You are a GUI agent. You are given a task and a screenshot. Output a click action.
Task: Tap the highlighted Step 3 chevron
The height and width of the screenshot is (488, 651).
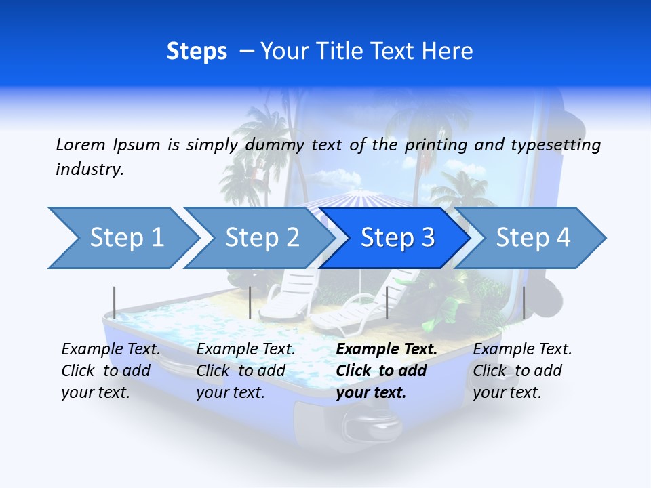click(x=397, y=238)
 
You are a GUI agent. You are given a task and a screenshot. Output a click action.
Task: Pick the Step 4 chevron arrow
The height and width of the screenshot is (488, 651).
click(x=533, y=238)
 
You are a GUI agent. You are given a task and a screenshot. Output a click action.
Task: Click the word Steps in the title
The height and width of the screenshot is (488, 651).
click(x=197, y=51)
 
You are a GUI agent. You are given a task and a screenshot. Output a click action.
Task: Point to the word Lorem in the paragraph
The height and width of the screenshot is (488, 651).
click(x=81, y=144)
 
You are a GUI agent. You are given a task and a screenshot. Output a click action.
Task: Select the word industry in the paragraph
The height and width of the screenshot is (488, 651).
click(x=89, y=169)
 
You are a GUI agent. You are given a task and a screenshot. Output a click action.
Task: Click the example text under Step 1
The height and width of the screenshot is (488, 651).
click(x=111, y=371)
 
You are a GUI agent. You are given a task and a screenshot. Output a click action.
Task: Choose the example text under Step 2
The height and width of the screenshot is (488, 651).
click(x=245, y=371)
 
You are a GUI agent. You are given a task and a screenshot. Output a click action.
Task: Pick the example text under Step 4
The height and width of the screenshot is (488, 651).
click(x=522, y=371)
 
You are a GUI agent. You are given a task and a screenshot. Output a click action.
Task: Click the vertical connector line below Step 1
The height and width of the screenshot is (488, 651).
click(x=115, y=302)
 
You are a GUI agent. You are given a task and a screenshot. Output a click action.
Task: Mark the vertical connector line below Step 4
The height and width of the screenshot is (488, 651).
click(x=524, y=302)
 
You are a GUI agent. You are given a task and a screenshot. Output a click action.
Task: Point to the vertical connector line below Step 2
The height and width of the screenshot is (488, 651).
click(x=250, y=302)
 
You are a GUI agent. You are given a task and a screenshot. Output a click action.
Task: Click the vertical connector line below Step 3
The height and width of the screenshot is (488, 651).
click(x=387, y=302)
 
